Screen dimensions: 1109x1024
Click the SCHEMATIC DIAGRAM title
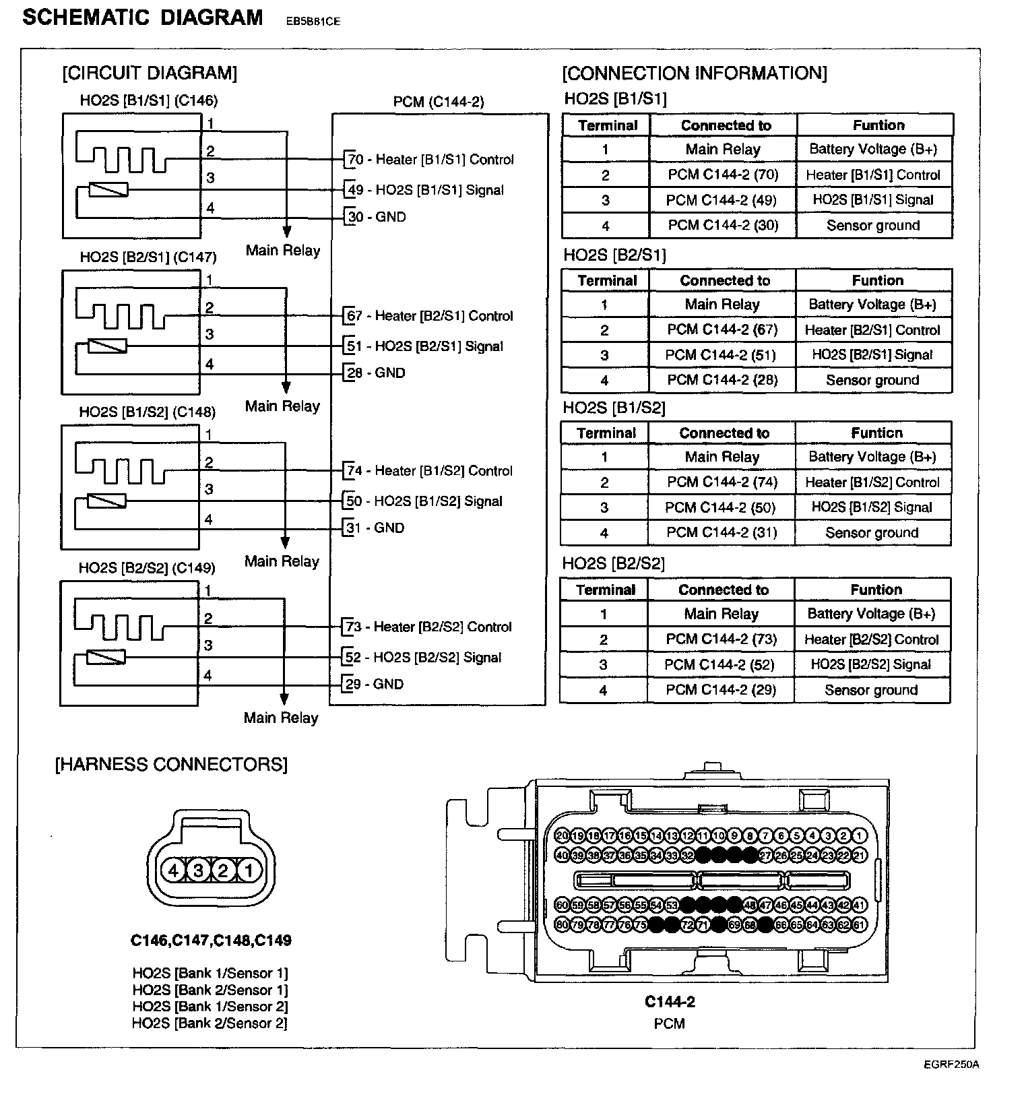tap(143, 18)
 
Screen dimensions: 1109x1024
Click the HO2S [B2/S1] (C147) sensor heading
tap(148, 257)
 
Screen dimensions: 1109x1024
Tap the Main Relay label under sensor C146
tap(283, 251)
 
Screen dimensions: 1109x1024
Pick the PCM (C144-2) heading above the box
tap(439, 102)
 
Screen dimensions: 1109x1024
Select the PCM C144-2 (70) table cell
tap(723, 175)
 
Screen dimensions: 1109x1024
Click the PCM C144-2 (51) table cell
tap(722, 355)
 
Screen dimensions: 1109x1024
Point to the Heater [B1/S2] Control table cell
tap(872, 482)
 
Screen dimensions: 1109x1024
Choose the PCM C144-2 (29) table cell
tap(721, 690)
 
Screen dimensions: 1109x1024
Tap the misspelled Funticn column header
tap(876, 433)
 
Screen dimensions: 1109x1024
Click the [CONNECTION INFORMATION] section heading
tap(695, 73)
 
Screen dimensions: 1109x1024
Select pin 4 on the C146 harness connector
tap(173, 871)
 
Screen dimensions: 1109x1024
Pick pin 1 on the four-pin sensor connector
tap(249, 871)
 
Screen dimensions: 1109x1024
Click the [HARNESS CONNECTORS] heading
tap(171, 765)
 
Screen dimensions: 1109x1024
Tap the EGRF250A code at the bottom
tap(951, 1065)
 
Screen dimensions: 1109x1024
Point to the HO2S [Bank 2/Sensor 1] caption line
tap(210, 990)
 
